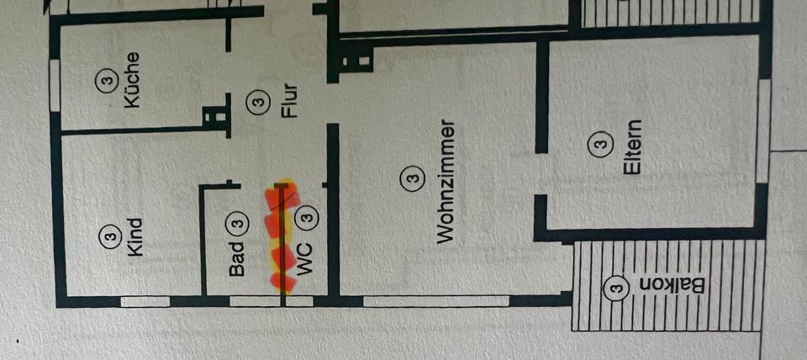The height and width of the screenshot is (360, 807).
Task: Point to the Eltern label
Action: (632, 149)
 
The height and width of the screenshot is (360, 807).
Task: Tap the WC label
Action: (304, 262)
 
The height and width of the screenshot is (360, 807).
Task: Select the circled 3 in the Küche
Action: (105, 81)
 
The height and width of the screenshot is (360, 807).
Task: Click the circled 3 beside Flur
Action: (257, 103)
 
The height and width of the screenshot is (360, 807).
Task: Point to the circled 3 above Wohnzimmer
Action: (411, 178)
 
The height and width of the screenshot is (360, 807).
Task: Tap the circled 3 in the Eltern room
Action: (599, 146)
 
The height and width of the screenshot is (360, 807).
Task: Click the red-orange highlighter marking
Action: (279, 236)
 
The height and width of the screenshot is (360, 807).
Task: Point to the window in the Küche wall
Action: (55, 82)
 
